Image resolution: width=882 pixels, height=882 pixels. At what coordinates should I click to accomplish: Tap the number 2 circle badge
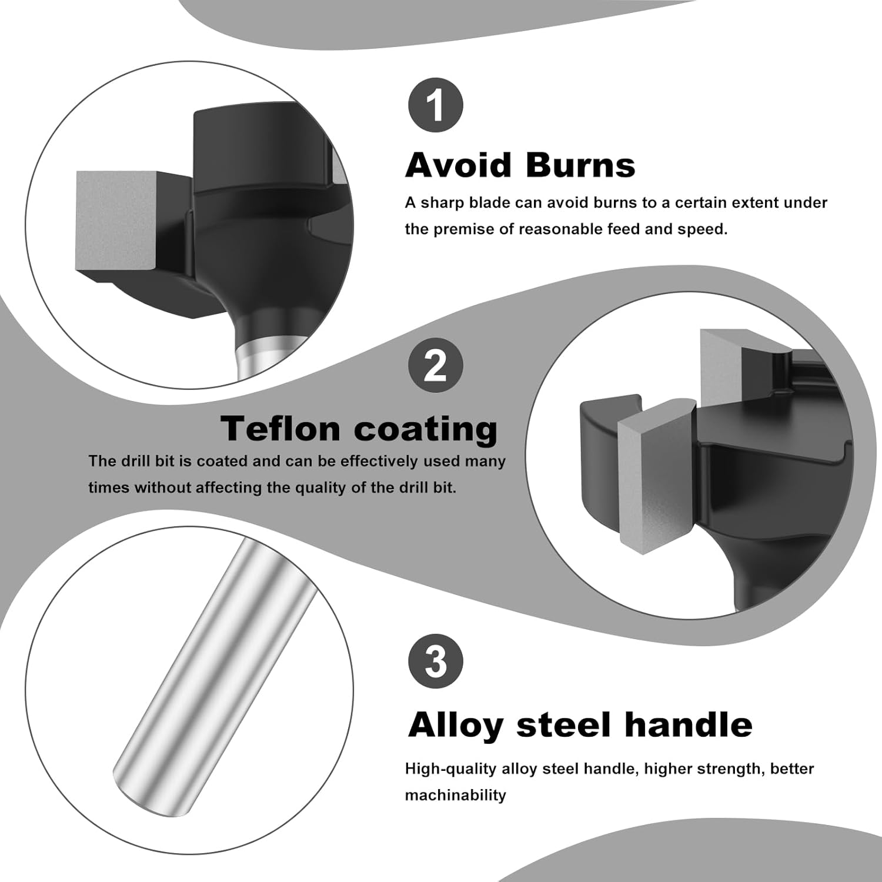(x=436, y=366)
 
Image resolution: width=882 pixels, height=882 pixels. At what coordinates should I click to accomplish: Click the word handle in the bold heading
(x=689, y=724)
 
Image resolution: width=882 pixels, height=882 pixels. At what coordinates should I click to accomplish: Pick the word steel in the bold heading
(x=565, y=724)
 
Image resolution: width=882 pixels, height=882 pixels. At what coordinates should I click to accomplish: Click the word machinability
(x=455, y=796)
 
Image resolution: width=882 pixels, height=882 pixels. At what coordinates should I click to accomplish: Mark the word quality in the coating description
(x=323, y=488)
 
